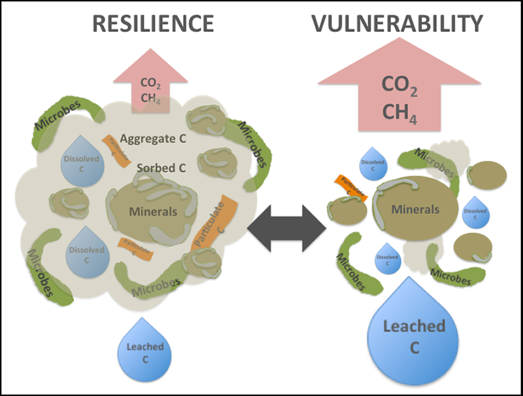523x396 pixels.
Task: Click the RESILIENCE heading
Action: (153, 24)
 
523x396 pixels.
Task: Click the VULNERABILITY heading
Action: (397, 24)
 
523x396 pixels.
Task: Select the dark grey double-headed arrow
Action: (292, 227)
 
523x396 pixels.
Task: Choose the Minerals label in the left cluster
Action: (153, 212)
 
